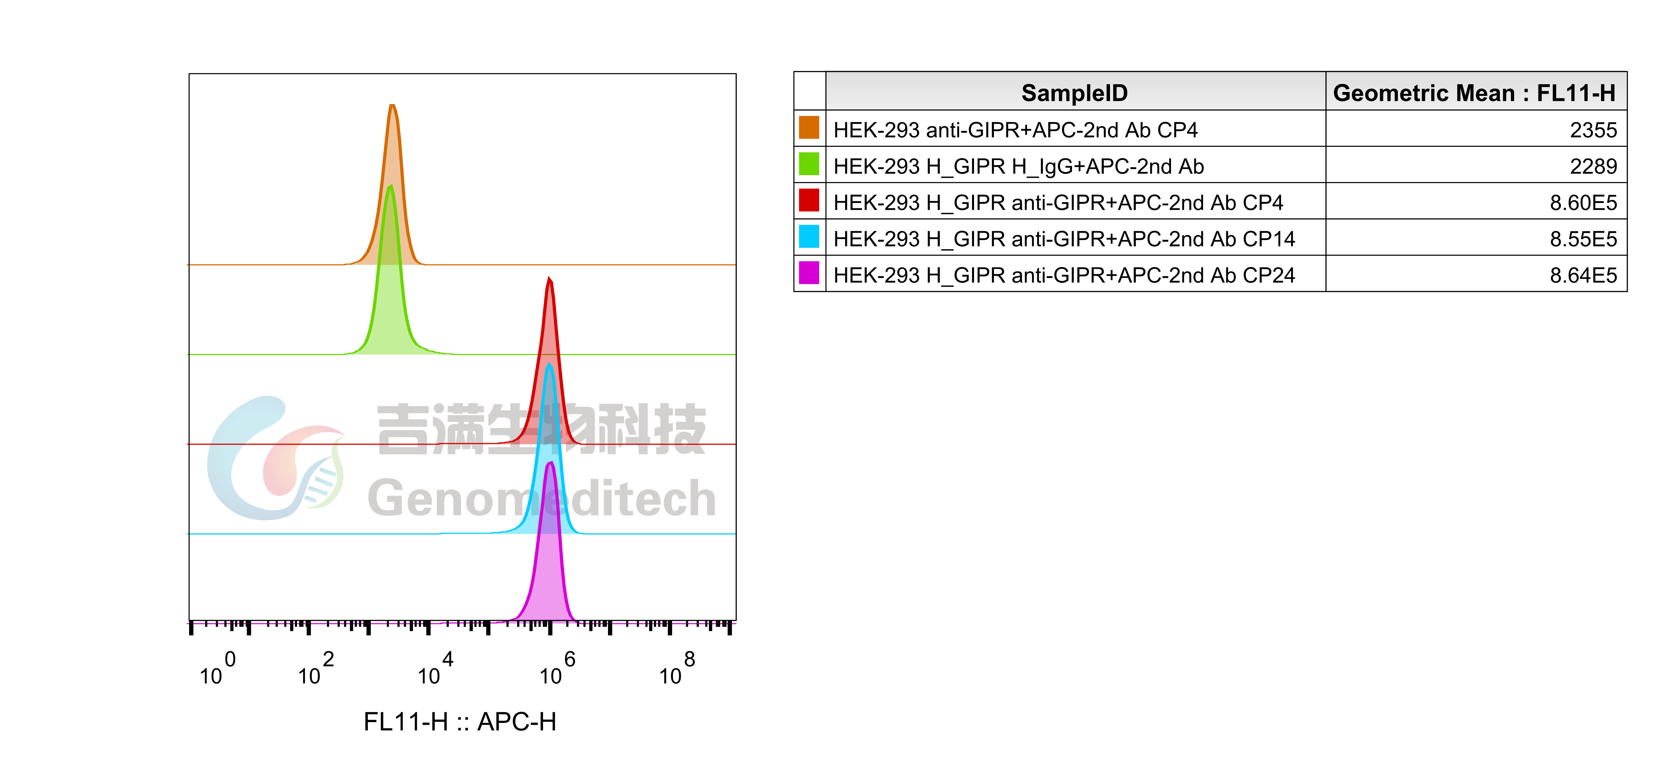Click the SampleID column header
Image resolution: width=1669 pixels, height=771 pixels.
point(1074,93)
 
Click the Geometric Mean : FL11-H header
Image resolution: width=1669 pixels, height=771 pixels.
point(1474,93)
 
